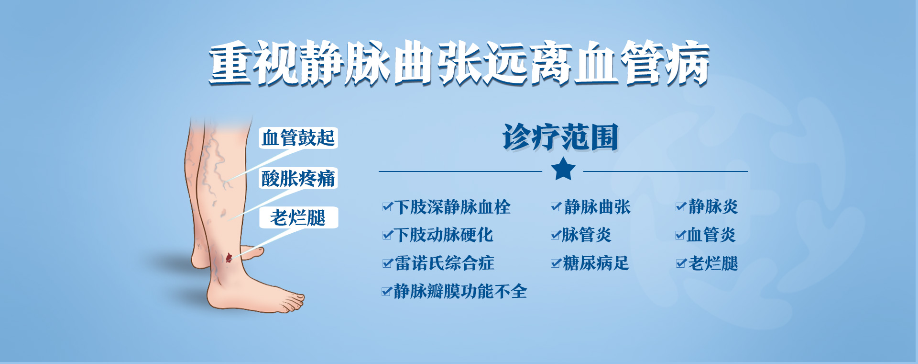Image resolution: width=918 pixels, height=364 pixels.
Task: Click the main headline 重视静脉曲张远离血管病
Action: (x=459, y=63)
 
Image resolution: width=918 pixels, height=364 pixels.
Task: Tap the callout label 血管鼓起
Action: (x=298, y=138)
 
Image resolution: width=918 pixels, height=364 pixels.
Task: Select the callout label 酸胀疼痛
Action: (x=298, y=178)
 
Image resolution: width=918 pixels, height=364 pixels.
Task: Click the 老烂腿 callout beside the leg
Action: (x=298, y=218)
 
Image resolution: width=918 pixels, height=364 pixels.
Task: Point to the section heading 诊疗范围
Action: (x=560, y=137)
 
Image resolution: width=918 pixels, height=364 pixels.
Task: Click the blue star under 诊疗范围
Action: (x=563, y=169)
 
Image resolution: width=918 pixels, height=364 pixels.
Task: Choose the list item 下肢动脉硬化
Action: (x=444, y=235)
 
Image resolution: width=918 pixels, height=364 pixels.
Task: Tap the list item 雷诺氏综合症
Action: (x=444, y=263)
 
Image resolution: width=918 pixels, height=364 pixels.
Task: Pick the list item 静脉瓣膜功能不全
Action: (x=460, y=291)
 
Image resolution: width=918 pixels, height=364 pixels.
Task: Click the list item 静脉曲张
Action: (x=597, y=207)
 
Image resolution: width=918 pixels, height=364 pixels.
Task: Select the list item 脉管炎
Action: (x=587, y=235)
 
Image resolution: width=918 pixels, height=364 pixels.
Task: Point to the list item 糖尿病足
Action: (x=596, y=263)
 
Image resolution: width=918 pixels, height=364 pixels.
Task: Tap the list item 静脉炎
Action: (x=713, y=207)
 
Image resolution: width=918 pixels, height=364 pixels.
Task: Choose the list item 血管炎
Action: (x=711, y=235)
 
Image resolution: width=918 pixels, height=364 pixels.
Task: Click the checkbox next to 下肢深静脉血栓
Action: (x=387, y=207)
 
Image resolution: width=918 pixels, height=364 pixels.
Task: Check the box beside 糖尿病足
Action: (x=556, y=263)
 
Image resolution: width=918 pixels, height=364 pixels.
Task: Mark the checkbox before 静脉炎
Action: (x=681, y=207)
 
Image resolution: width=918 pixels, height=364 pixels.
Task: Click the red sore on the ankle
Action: (x=229, y=258)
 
